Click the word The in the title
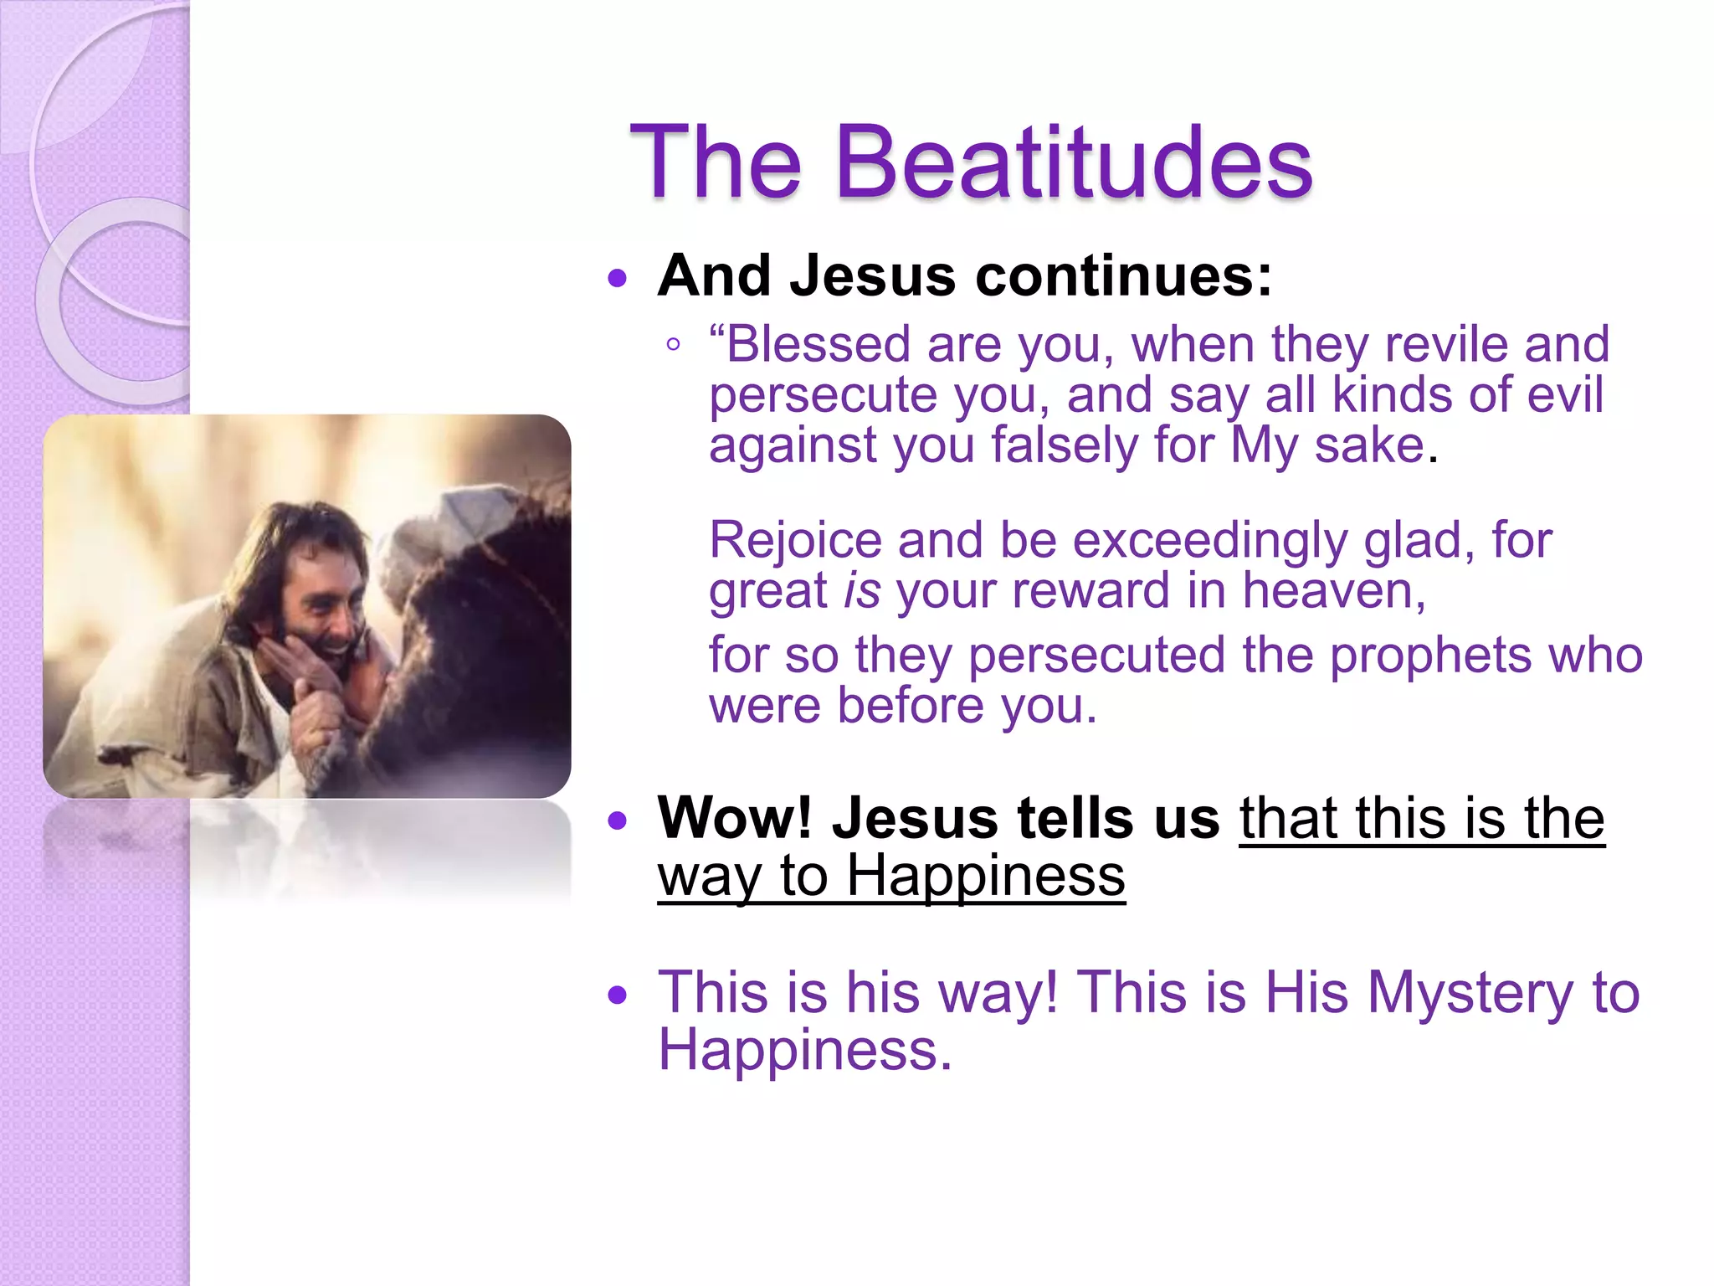coord(716,163)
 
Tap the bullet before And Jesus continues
coord(618,278)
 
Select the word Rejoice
coord(795,541)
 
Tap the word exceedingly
coord(1209,541)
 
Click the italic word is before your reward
coord(862,591)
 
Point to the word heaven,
coord(1334,591)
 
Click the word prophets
coord(1431,655)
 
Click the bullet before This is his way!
coord(618,995)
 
